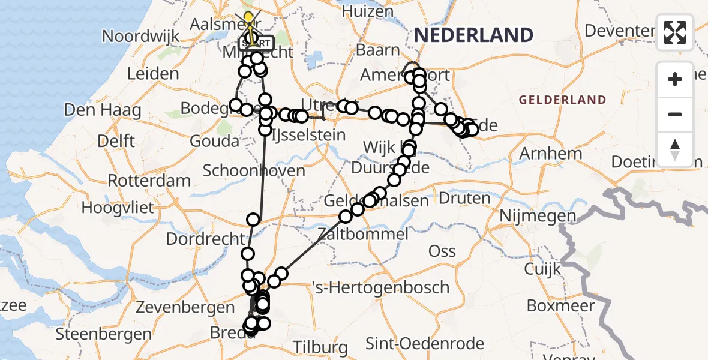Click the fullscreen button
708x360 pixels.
675,32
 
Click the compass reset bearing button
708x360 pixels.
675,149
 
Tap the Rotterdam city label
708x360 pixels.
149,180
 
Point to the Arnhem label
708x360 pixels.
550,153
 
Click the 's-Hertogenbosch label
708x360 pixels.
381,287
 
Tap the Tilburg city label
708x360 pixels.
321,347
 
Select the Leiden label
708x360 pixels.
153,74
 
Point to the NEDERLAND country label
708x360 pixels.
473,35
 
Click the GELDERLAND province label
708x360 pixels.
562,100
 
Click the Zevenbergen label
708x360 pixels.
185,308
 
